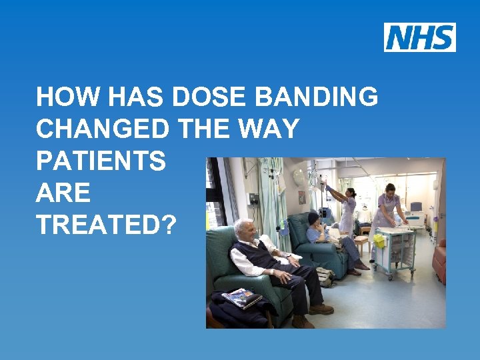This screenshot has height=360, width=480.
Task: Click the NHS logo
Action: tap(419, 37)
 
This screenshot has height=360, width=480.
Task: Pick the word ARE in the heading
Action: tap(63, 193)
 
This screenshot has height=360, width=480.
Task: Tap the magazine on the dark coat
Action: tap(241, 299)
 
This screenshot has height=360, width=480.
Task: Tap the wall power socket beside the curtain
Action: tap(253, 199)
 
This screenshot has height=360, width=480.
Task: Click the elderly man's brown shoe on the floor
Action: tap(321, 309)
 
